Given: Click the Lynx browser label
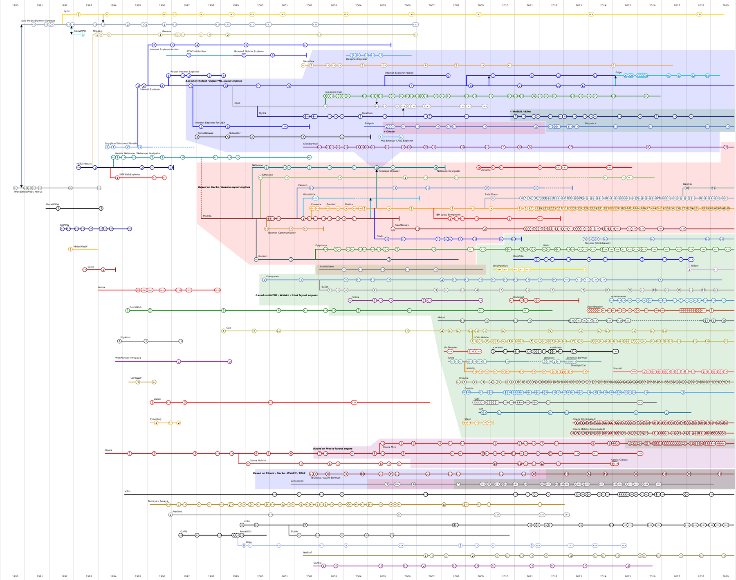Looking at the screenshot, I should pyautogui.click(x=67, y=11).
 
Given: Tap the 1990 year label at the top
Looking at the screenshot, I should pyautogui.click(x=15, y=5).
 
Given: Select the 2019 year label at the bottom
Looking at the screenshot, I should pyautogui.click(x=725, y=576).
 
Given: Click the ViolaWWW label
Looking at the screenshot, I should pyautogui.click(x=52, y=204).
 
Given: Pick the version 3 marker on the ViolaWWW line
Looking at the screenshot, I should pyautogui.click(x=101, y=209).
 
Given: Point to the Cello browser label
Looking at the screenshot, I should pyautogui.click(x=91, y=267).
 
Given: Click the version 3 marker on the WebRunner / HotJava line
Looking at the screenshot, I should pyautogui.click(x=230, y=362).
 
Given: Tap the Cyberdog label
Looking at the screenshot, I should pyautogui.click(x=155, y=419).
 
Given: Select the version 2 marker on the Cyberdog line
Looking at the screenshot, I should pyautogui.click(x=179, y=423).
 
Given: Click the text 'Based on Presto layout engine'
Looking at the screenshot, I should pyautogui.click(x=332, y=449).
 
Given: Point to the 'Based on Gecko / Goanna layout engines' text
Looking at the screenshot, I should pyautogui.click(x=224, y=187).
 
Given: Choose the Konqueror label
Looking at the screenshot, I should pyautogui.click(x=272, y=277).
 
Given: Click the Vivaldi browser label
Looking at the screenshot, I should pyautogui.click(x=617, y=369).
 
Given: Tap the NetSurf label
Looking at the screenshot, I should pyautogui.click(x=307, y=553).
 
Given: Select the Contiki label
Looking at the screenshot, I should pyautogui.click(x=317, y=563).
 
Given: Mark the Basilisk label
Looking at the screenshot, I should pyautogui.click(x=687, y=184).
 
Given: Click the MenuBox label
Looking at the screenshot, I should pyautogui.click(x=308, y=61).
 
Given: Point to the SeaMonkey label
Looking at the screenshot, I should pyautogui.click(x=402, y=225).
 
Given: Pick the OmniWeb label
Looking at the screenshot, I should pyautogui.click(x=135, y=307).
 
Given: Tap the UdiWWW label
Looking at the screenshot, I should pyautogui.click(x=136, y=378).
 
